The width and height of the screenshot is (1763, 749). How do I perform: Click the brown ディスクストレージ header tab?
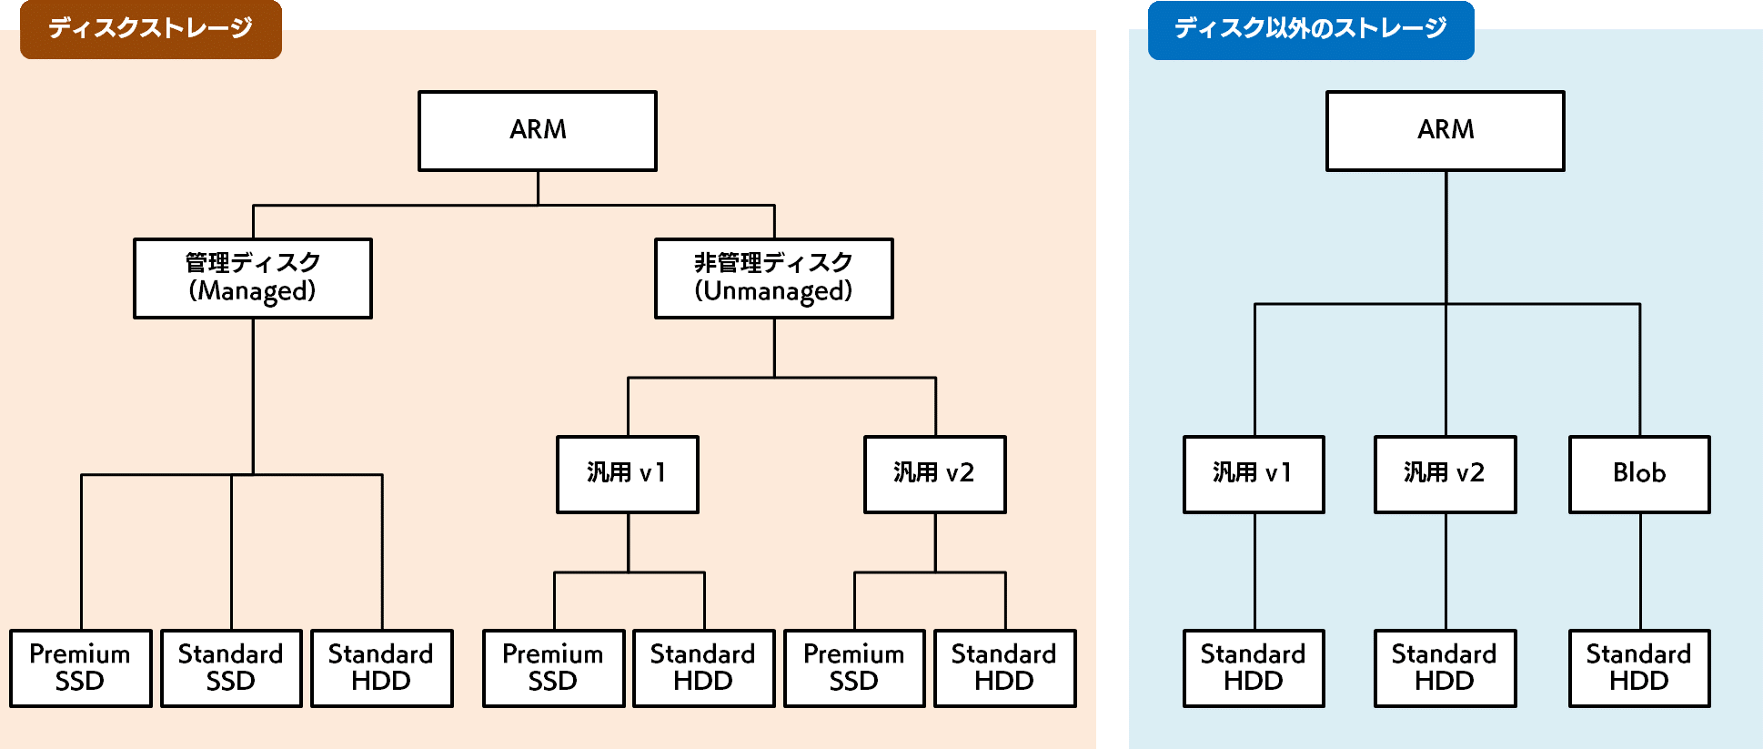point(151,29)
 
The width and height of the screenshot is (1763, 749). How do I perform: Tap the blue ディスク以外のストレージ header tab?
point(1310,29)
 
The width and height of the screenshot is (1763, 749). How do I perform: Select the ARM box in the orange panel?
point(538,130)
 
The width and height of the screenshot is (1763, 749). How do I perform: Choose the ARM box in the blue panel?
point(1446,130)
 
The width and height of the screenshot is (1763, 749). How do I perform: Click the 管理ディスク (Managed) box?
point(253,278)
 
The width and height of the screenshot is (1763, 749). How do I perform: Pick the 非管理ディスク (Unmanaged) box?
point(774,278)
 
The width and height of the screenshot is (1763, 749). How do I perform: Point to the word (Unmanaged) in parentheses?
point(774,291)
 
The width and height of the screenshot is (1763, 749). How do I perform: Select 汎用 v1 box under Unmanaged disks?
point(628,474)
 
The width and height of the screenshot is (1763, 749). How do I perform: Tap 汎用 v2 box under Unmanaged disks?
point(935,474)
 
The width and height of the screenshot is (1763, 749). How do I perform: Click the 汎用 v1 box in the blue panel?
point(1254,474)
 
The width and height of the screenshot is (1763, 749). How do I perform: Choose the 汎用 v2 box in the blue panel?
point(1446,474)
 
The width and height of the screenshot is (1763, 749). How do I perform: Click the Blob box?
point(1639,474)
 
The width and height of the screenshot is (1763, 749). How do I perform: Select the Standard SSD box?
point(231,668)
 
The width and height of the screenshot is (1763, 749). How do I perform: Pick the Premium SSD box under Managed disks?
point(81,668)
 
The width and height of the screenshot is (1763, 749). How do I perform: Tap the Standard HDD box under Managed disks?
point(382,668)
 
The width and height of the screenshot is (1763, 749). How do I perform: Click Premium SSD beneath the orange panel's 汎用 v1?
point(554,668)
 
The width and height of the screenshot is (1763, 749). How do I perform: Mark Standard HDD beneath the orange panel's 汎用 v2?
point(1005,668)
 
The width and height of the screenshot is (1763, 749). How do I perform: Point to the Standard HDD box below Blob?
point(1639,668)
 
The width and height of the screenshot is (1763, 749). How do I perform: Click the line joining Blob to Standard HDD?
point(1640,572)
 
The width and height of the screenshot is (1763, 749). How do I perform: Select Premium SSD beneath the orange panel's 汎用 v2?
point(854,668)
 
